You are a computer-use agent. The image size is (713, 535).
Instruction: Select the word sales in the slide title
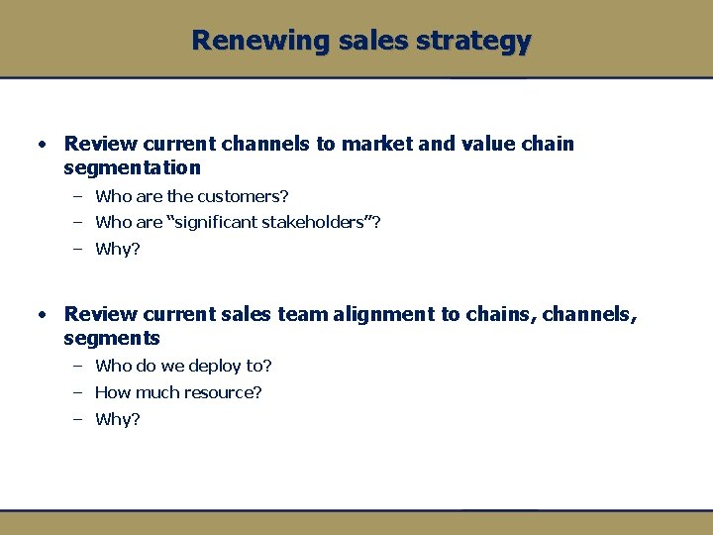368,41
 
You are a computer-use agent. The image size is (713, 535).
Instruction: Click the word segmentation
132,168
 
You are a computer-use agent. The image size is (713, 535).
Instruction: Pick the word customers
243,196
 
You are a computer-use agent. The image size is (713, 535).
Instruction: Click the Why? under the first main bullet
118,249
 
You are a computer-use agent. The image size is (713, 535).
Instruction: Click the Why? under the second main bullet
118,419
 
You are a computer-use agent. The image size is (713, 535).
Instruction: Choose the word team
298,314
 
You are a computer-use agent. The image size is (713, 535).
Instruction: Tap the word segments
111,339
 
